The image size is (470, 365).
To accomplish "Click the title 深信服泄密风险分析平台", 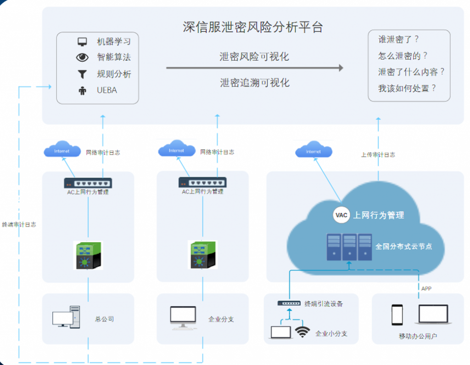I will click(x=252, y=27).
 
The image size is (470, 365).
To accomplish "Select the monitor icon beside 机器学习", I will click(x=82, y=42).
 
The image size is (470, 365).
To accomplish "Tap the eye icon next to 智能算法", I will click(x=82, y=58).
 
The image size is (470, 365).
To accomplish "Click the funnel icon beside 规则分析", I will click(x=82, y=74).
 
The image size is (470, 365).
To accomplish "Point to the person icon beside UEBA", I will click(x=82, y=91).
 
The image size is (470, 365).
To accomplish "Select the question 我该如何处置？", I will click(x=407, y=88).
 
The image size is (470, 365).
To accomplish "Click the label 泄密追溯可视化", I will click(x=254, y=83).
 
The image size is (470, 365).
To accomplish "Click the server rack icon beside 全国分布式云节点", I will click(x=349, y=247).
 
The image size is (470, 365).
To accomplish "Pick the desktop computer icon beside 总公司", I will click(x=66, y=317).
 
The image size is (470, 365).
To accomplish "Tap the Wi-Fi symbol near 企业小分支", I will click(x=302, y=332).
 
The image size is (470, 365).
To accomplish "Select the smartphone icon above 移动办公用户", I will click(x=397, y=315).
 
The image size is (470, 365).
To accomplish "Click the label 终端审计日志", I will click(x=19, y=225).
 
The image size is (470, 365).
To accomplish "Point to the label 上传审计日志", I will click(x=378, y=155).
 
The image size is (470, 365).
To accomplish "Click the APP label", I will click(x=426, y=288).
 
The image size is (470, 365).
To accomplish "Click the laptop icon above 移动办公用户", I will click(x=433, y=314).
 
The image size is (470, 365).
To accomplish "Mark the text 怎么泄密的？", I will click(x=403, y=56).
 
